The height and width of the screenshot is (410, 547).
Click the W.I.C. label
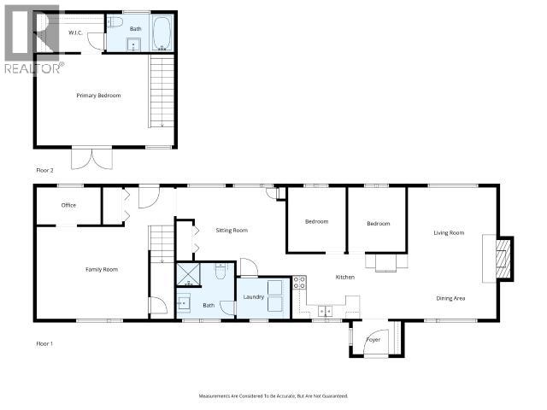point(74,32)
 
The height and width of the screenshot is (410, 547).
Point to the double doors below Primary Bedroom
point(91,158)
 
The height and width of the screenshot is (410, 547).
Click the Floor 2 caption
point(44,171)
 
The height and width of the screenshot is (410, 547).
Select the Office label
point(68,205)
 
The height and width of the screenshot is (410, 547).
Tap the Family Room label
point(101,269)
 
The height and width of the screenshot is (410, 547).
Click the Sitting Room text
point(231,230)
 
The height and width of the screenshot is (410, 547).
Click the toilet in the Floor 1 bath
point(221,271)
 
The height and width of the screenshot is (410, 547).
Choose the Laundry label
point(253,296)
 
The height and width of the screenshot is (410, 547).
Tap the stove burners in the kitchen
point(299,283)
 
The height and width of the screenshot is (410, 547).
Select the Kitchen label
point(344,277)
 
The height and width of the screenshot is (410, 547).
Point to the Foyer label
point(373,339)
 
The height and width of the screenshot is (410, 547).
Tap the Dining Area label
point(450,298)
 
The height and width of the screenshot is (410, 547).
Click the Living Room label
point(449,232)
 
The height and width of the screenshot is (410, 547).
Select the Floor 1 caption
point(44,343)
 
